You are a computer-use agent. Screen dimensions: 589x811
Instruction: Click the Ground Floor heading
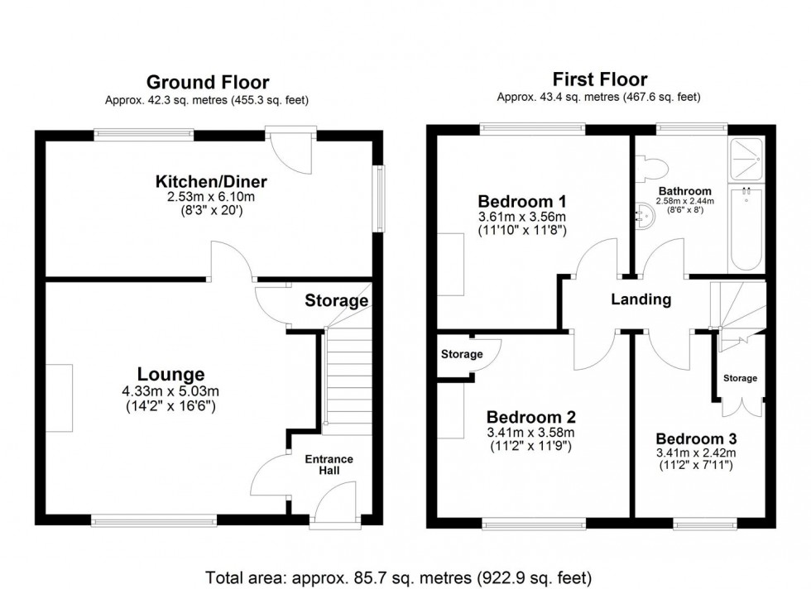click(207, 82)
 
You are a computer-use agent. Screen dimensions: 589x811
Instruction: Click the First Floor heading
click(599, 79)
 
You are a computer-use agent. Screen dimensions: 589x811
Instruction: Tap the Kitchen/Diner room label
click(212, 182)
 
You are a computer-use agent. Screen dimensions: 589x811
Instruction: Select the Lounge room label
click(171, 375)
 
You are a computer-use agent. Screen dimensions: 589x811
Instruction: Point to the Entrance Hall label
click(329, 465)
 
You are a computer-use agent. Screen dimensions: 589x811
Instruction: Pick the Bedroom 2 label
click(530, 417)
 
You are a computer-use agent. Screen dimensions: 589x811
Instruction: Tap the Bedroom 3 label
click(695, 438)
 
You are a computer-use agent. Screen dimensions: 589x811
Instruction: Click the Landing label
click(641, 299)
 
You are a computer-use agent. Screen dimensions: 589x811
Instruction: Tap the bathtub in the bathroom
click(746, 227)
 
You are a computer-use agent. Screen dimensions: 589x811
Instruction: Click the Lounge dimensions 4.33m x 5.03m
click(171, 391)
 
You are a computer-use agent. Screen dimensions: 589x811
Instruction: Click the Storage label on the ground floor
click(336, 300)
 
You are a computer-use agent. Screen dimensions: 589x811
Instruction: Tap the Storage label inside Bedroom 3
click(740, 378)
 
